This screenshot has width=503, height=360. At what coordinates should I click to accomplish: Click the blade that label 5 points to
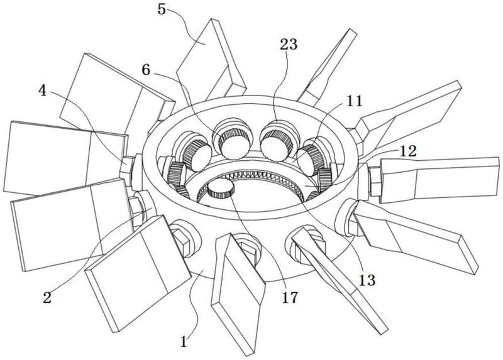coord(211,57)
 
